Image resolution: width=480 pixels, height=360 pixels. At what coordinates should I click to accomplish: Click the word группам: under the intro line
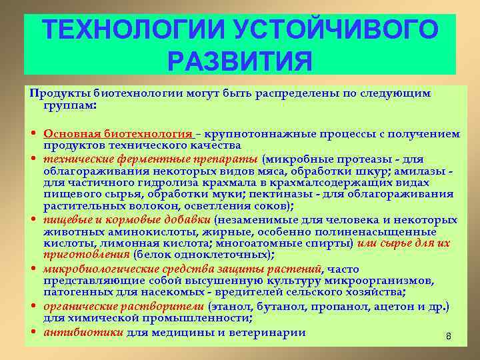[x=70, y=105]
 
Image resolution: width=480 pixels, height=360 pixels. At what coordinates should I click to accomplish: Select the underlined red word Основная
[x=71, y=133]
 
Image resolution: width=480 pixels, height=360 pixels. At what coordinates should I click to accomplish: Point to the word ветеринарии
[x=266, y=331]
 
